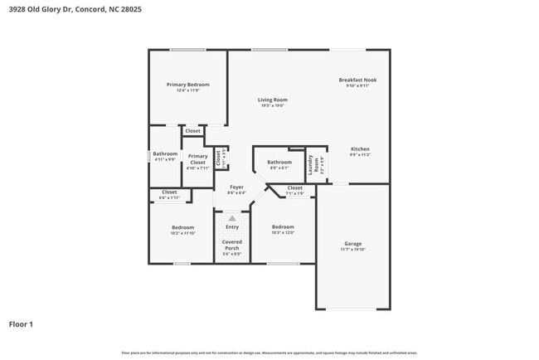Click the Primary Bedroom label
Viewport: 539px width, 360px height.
click(x=187, y=85)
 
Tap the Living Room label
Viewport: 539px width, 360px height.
click(x=272, y=100)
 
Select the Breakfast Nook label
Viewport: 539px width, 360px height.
click(x=357, y=80)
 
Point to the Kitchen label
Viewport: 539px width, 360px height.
click(x=359, y=148)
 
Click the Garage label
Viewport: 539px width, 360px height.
click(x=353, y=244)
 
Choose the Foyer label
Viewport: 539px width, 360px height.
click(x=236, y=187)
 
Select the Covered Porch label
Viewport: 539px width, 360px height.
click(x=231, y=245)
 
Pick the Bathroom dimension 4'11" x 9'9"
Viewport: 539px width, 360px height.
click(x=165, y=159)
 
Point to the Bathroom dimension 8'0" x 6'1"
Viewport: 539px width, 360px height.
click(x=279, y=168)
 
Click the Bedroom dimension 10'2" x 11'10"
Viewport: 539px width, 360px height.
click(x=183, y=233)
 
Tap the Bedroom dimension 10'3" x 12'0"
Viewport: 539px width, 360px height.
click(x=283, y=232)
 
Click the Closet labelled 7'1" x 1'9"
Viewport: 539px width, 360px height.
click(x=294, y=193)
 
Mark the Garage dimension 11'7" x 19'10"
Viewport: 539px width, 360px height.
click(x=353, y=249)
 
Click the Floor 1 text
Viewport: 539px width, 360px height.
click(x=21, y=324)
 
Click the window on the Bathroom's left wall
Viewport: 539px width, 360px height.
click(x=149, y=155)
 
